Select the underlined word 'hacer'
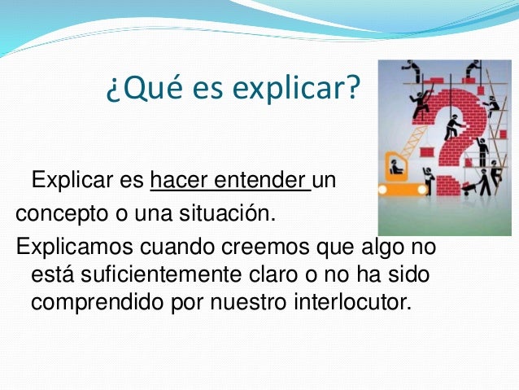(x=174, y=180)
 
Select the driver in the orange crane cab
(x=397, y=167)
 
